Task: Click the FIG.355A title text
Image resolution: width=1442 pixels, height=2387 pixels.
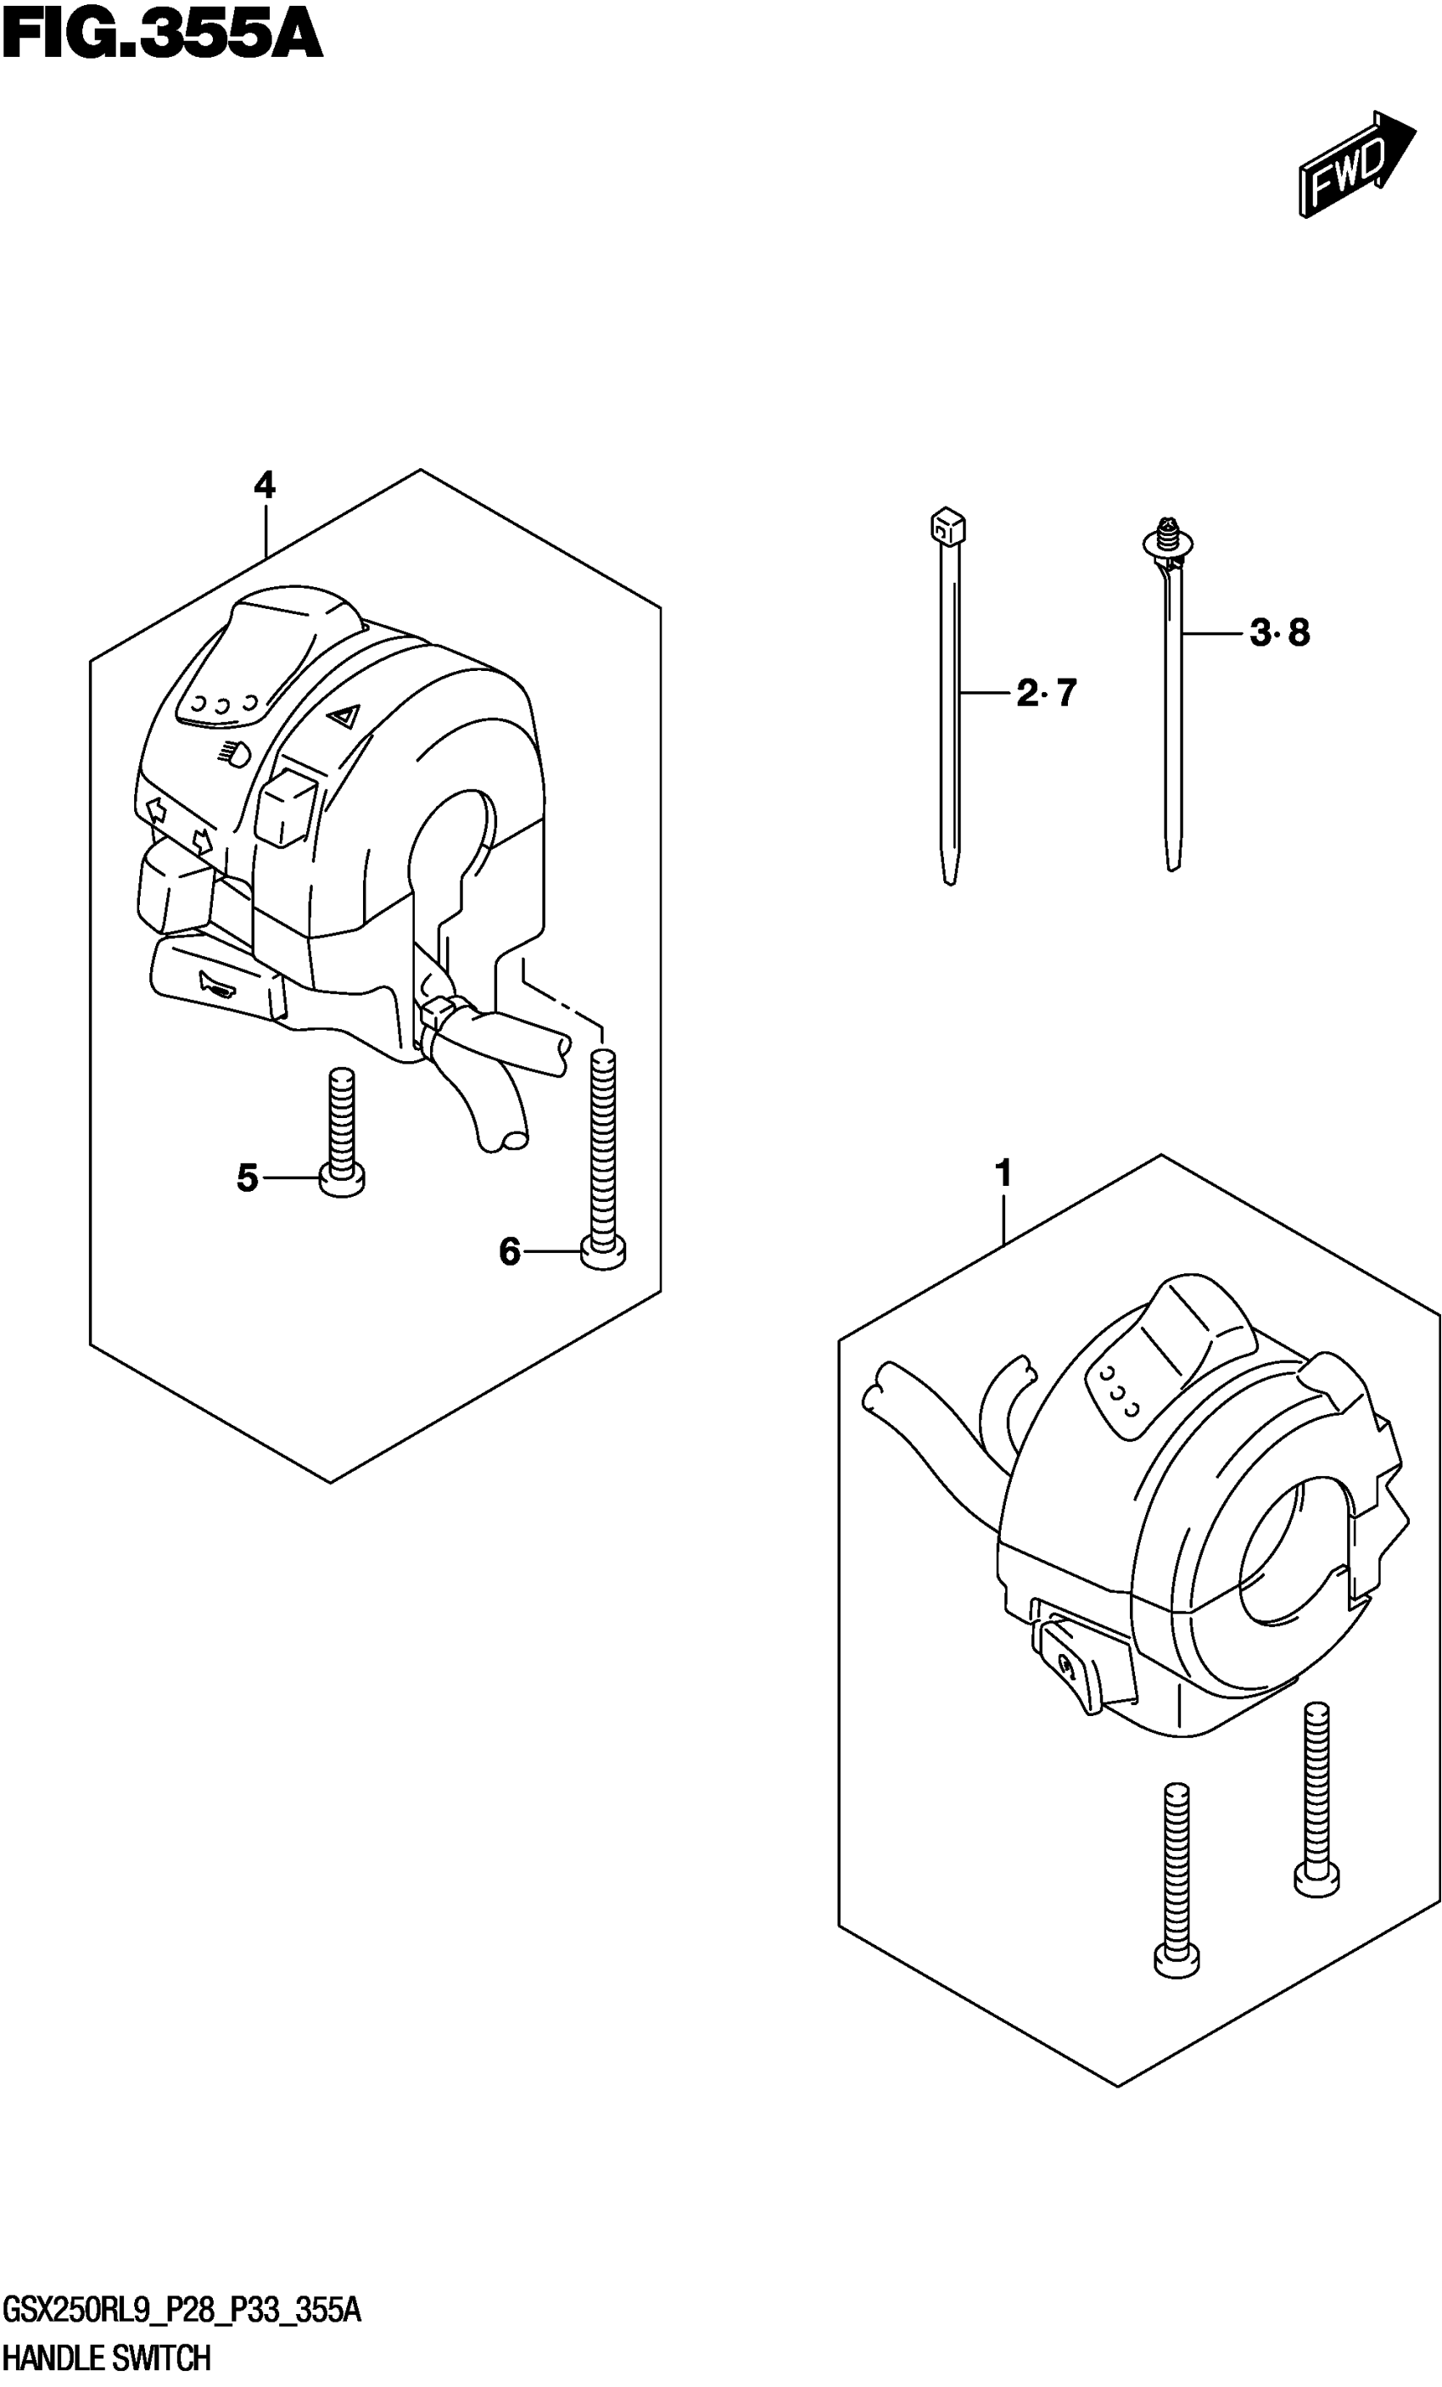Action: click(162, 36)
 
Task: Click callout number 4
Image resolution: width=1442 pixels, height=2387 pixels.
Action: click(265, 484)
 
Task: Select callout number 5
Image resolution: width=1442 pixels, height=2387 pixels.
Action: click(248, 1178)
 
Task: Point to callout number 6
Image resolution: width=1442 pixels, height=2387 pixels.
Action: click(510, 1253)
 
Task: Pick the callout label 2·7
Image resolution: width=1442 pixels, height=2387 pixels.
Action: click(1046, 694)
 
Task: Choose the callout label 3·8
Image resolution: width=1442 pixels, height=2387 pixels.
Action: click(1279, 634)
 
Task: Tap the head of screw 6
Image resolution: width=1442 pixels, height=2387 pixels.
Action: click(603, 1254)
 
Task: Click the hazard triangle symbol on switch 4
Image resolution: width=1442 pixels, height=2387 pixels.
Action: click(343, 718)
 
